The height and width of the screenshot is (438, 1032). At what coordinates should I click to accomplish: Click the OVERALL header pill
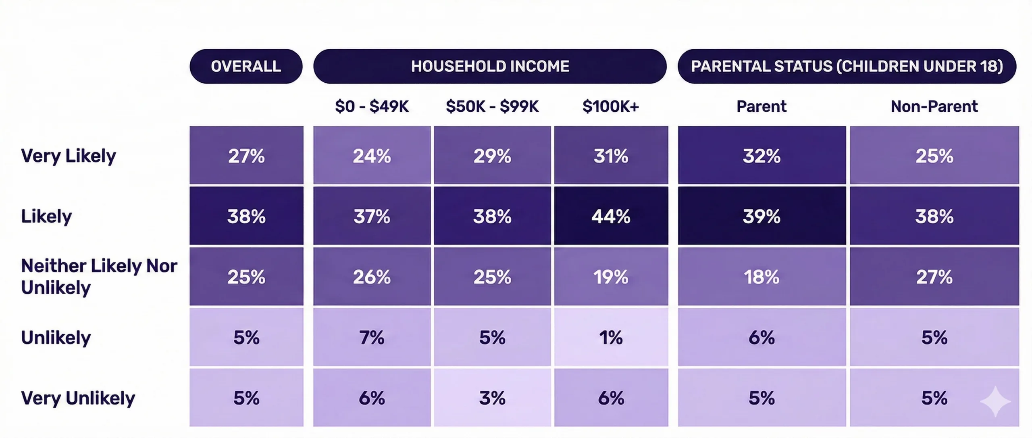click(x=246, y=66)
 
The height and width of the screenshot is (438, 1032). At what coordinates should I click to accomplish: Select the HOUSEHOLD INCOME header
click(x=490, y=66)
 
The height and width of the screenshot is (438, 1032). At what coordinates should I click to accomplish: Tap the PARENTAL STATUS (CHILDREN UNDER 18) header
click(x=847, y=66)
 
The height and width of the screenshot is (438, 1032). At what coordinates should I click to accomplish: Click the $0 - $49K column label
click(x=372, y=106)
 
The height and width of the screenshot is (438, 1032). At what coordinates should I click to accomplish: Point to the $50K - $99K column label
click(x=492, y=106)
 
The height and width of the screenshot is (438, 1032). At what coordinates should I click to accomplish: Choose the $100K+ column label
click(x=611, y=106)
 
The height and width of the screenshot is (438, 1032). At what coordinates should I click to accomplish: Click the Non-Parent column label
click(x=934, y=106)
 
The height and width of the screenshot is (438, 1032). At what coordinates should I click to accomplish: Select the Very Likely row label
click(x=69, y=156)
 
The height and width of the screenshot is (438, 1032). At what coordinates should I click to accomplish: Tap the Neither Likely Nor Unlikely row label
click(x=99, y=277)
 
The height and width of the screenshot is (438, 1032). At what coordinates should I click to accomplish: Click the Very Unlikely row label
click(x=78, y=398)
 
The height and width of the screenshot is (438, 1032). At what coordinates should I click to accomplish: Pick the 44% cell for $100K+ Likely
click(x=611, y=216)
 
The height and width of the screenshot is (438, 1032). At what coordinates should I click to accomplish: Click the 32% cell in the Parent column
click(x=762, y=156)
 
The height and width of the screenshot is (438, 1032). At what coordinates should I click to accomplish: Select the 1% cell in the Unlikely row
click(x=611, y=337)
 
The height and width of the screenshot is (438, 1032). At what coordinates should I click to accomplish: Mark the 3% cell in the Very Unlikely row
click(x=492, y=398)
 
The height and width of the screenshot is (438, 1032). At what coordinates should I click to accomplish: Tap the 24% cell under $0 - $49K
click(x=372, y=156)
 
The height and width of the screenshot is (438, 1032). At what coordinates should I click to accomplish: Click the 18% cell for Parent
click(x=762, y=277)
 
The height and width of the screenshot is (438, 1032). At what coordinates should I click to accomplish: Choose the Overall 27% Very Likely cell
click(x=246, y=156)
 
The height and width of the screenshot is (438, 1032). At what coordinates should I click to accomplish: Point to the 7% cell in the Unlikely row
click(x=372, y=337)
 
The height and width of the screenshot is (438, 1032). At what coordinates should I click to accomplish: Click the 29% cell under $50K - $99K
click(x=492, y=156)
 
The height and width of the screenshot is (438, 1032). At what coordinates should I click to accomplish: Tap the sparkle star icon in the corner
click(x=995, y=401)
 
